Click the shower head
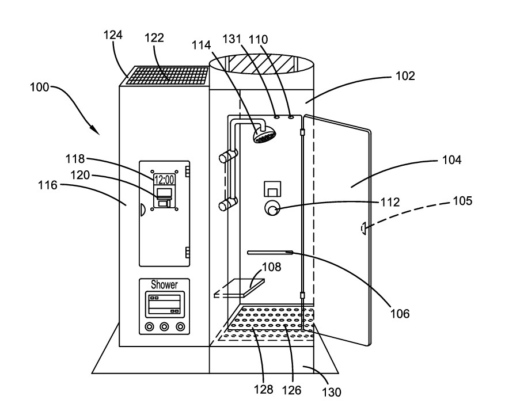click(x=265, y=135)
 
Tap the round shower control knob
click(x=272, y=208)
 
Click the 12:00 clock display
click(x=164, y=180)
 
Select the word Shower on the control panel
click(x=164, y=284)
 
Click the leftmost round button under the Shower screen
click(x=149, y=327)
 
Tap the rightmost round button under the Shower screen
click(x=180, y=327)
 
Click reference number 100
click(x=39, y=87)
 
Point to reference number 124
click(x=113, y=35)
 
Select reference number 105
click(x=462, y=200)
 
